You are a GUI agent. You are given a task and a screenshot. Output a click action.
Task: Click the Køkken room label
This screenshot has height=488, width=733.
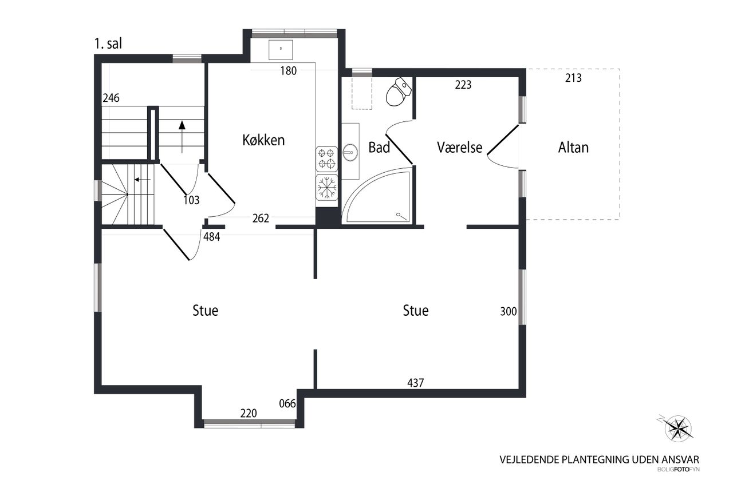[x=263, y=140]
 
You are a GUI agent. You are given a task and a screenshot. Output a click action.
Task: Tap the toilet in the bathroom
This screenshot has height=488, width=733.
[x=398, y=92]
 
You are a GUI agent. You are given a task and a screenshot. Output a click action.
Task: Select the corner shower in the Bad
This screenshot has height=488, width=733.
[x=377, y=196]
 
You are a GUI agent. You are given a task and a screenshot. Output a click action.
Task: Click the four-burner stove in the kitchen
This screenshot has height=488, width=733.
[x=326, y=159]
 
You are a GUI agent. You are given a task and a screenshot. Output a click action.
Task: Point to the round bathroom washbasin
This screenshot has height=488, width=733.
[x=350, y=152]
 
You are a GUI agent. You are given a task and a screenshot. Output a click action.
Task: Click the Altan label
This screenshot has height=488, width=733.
[x=573, y=148]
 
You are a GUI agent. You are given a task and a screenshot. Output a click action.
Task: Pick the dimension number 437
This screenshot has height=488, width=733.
[x=416, y=383]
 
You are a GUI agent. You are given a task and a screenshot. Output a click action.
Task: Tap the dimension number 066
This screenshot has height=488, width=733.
[x=287, y=404]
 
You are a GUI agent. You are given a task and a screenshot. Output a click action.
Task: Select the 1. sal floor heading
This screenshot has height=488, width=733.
[x=108, y=44]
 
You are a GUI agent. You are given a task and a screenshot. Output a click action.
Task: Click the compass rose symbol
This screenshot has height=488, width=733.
[x=677, y=429]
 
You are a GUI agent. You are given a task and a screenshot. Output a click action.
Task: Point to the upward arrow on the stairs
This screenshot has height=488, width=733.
[x=182, y=137]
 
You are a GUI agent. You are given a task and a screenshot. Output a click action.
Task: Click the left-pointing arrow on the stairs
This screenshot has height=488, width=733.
[x=143, y=180]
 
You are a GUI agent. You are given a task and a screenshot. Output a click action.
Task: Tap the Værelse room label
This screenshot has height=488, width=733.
[x=459, y=148]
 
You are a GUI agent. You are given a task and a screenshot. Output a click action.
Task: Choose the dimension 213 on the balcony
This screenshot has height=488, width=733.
[x=573, y=78]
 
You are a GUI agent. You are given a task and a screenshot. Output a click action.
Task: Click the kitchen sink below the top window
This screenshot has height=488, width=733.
[x=281, y=50]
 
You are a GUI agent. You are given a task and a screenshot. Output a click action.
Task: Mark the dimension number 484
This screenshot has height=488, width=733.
[x=212, y=237]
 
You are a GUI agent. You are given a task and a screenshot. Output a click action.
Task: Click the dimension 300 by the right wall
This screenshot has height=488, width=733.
[x=509, y=311]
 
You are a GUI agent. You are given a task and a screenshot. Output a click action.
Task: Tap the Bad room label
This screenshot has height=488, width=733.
[x=379, y=148]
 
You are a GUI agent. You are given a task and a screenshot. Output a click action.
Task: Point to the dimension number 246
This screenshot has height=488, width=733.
[x=111, y=98]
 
